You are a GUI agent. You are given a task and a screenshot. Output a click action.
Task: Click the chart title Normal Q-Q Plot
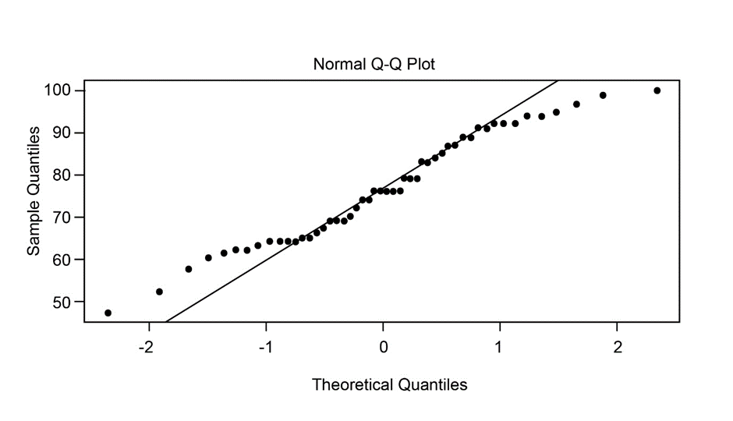coord(374,64)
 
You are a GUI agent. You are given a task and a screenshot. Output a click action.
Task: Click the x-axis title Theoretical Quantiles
coord(389,384)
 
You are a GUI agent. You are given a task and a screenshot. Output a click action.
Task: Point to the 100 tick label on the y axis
coord(58,90)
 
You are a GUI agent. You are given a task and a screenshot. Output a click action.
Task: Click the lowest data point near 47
coord(108,313)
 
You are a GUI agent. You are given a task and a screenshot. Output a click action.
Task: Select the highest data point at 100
coord(657,90)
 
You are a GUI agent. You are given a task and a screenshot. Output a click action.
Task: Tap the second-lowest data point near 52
coord(159,292)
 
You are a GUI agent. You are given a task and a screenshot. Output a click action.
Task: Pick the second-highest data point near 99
coord(603,95)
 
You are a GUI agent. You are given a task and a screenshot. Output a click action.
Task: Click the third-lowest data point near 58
coord(188,269)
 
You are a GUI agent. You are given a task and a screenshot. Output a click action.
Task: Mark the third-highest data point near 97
coord(576,104)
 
